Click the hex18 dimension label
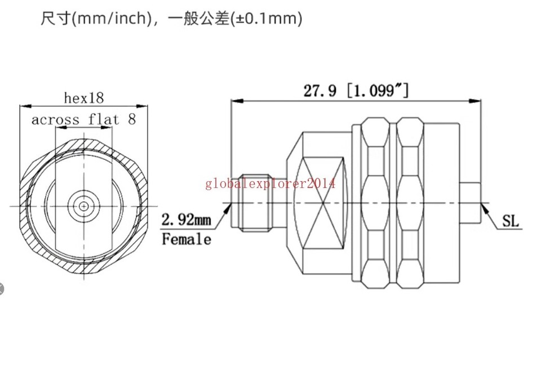coord(84,98)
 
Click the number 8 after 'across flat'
coord(132,119)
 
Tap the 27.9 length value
coord(320,90)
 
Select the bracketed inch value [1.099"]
coord(378,90)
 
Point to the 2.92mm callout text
coord(186,220)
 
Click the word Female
coord(187,239)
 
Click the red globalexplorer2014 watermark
coord(270,183)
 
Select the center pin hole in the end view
coord(83,206)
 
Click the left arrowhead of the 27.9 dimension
coord(237,101)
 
